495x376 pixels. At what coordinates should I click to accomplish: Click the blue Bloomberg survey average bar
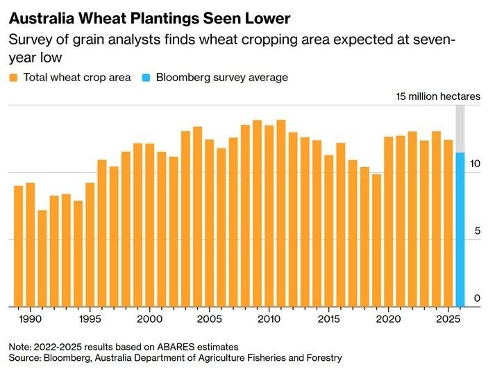pos(460,229)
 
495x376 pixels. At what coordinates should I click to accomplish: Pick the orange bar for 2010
pos(269,215)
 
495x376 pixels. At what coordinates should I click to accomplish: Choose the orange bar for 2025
pos(448,223)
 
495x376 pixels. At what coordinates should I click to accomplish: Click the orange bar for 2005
pos(209,223)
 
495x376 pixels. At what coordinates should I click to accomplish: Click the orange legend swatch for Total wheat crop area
pos(14,78)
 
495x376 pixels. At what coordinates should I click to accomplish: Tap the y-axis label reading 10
pos(475,164)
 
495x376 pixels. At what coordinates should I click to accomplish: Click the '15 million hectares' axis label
pos(437,96)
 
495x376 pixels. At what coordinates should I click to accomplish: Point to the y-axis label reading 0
pos(477,298)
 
